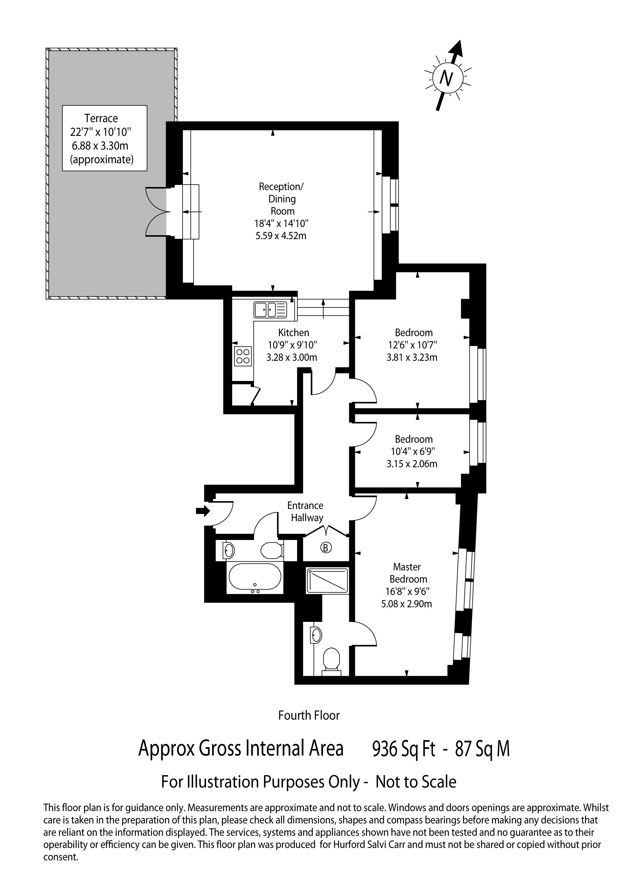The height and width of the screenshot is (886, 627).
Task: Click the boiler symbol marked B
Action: click(x=326, y=547)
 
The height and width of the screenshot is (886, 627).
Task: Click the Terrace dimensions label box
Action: click(x=105, y=138)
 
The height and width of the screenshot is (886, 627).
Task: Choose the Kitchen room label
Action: click(x=293, y=333)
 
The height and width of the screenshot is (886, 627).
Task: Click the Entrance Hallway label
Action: click(x=306, y=511)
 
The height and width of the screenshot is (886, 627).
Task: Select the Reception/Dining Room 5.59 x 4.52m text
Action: click(x=281, y=236)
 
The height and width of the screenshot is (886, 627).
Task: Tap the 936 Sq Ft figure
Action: click(x=403, y=749)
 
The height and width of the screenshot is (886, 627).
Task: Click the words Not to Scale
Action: click(x=416, y=782)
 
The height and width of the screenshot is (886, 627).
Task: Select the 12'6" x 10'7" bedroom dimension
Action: click(x=413, y=345)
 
